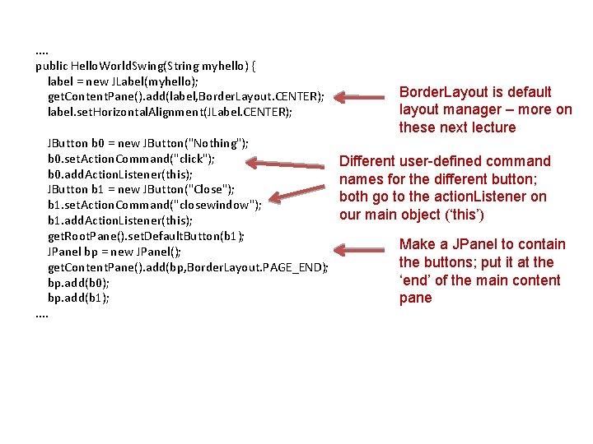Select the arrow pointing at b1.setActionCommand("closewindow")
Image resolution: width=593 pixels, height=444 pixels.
click(301, 196)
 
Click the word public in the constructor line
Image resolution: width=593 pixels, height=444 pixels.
click(52, 66)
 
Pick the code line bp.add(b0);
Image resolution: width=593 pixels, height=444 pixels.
click(77, 283)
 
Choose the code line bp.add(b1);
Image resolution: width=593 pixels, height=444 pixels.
click(77, 298)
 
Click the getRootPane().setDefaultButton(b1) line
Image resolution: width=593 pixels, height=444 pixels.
click(146, 236)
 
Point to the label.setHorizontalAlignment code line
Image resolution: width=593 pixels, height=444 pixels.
click(170, 112)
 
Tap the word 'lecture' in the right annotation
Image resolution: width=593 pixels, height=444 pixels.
click(493, 127)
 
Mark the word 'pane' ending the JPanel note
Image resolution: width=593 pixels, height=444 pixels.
click(415, 298)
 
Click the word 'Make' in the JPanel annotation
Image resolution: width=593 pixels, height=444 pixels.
click(417, 244)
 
